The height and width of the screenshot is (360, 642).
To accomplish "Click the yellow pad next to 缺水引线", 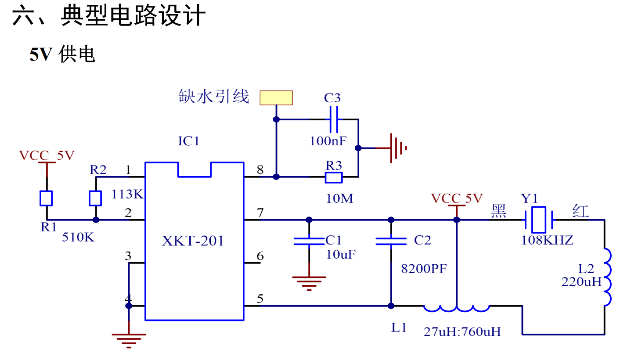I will click(276, 97).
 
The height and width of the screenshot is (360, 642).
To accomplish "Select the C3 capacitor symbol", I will click(334, 119).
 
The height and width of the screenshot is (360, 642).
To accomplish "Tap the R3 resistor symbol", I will click(334, 177).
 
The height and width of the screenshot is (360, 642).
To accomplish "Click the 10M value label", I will click(339, 198).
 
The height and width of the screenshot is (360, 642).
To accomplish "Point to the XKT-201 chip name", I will click(193, 241).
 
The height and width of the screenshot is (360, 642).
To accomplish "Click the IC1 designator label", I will click(189, 141).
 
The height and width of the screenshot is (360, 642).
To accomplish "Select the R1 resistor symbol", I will click(46, 198).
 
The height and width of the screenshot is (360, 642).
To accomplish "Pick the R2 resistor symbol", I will click(95, 198).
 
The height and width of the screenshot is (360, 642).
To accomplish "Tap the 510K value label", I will click(78, 237).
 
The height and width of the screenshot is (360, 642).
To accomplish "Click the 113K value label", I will click(127, 194).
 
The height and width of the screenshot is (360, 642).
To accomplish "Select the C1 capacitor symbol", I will click(309, 241).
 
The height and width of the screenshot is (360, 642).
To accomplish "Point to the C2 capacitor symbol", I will click(391, 241).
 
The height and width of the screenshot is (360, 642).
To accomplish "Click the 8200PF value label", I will click(424, 269).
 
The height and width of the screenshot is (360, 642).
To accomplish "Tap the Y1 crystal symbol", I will click(539, 220).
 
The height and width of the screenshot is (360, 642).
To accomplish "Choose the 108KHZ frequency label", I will click(547, 240).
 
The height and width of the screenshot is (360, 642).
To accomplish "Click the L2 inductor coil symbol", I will click(606, 277).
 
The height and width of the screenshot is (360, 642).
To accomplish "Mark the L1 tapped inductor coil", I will click(457, 308).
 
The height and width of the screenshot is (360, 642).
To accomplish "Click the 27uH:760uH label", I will click(462, 331).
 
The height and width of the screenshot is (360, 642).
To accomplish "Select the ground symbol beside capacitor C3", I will click(397, 148).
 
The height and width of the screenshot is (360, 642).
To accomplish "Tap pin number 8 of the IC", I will click(260, 169).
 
